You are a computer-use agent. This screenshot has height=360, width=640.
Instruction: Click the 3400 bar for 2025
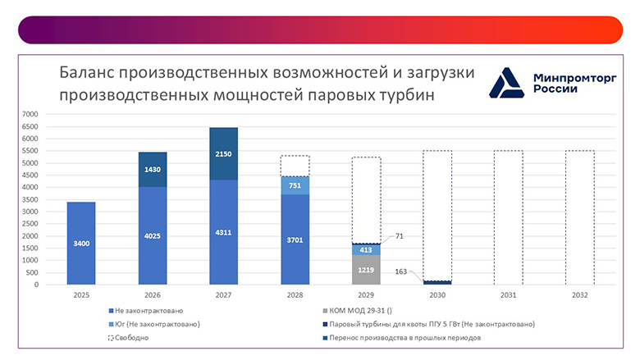point(81,244)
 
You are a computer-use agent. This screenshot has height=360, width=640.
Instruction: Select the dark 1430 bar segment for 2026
point(153,169)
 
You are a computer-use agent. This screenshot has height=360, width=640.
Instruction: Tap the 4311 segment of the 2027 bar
point(224,232)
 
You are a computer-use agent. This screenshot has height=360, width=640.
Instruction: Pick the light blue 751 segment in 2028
point(295,185)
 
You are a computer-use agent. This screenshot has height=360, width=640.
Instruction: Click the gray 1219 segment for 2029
point(366,270)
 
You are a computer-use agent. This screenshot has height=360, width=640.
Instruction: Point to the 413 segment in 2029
point(366,249)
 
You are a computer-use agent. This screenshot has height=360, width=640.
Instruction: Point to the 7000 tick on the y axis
point(30,114)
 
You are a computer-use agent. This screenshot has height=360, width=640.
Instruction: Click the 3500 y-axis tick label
point(30,199)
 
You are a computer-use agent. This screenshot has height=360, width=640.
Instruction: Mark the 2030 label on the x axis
point(437,294)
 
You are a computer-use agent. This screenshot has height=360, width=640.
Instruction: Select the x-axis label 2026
point(153,294)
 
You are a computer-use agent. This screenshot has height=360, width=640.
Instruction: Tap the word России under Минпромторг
point(555,89)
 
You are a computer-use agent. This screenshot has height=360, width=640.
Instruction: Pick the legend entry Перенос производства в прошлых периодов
point(402,337)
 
